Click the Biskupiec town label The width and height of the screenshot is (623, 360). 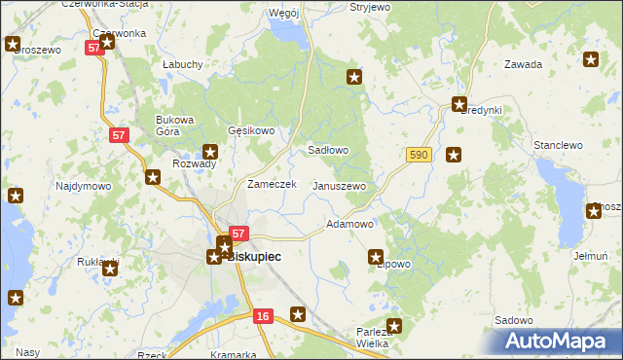coord(254,257)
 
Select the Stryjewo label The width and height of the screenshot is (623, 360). coord(370,7)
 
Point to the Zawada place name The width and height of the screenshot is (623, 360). coord(522,65)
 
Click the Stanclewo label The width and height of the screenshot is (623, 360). coord(558,145)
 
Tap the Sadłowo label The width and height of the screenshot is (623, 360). coord(328,151)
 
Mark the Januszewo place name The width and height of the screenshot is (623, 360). coord(338,186)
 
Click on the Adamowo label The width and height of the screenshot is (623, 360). coord(349,224)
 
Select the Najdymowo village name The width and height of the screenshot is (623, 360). coord(83,186)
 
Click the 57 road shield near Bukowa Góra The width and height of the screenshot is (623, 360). coord(118,135)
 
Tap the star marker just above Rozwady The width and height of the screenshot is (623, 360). coord(210,151)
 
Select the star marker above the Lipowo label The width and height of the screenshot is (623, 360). coord(376,257)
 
